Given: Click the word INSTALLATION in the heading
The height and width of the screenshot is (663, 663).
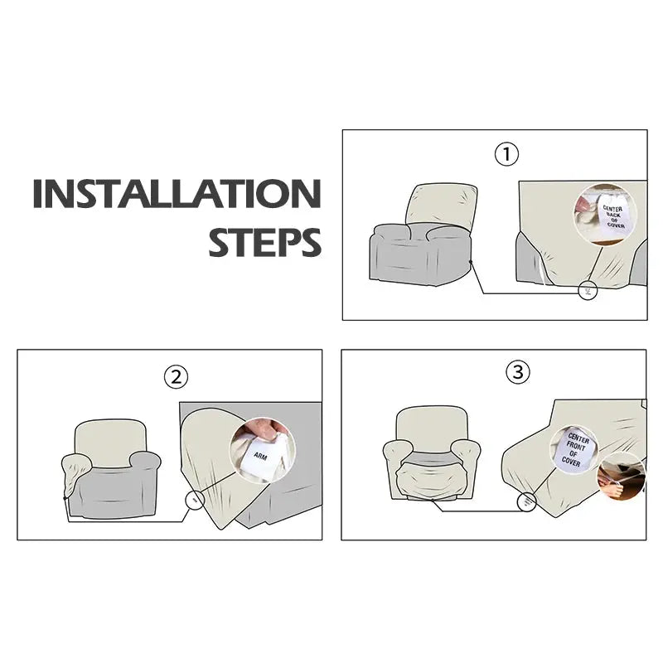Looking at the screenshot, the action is pyautogui.click(x=177, y=194).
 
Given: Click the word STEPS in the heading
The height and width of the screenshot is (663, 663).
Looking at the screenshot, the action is pyautogui.click(x=264, y=242).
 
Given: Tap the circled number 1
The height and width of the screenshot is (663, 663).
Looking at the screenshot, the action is pyautogui.click(x=506, y=154).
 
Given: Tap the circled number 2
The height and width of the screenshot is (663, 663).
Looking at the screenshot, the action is pyautogui.click(x=176, y=377).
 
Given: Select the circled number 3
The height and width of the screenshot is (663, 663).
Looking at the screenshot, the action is pyautogui.click(x=517, y=372).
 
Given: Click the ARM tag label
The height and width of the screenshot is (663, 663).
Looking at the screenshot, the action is pyautogui.click(x=261, y=456).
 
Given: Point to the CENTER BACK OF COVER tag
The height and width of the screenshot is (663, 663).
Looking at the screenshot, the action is pyautogui.click(x=613, y=216).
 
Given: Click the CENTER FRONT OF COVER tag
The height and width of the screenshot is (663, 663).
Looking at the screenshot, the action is pyautogui.click(x=574, y=450).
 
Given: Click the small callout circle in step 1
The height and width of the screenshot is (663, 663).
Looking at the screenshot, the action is pyautogui.click(x=588, y=291).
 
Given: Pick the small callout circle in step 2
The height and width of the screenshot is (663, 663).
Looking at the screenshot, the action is pyautogui.click(x=195, y=501).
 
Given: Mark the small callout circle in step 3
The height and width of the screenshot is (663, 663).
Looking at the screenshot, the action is pyautogui.click(x=527, y=502).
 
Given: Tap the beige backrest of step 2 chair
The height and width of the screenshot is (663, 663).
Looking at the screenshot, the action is pyautogui.click(x=111, y=443).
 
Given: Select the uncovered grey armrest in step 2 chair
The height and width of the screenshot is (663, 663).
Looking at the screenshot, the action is pyautogui.click(x=144, y=461).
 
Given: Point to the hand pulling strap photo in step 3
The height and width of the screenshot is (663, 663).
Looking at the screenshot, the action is pyautogui.click(x=621, y=477).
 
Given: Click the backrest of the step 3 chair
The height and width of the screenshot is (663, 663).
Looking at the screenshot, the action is pyautogui.click(x=432, y=428).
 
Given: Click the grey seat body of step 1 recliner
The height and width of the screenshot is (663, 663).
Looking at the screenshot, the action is pyautogui.click(x=419, y=256).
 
